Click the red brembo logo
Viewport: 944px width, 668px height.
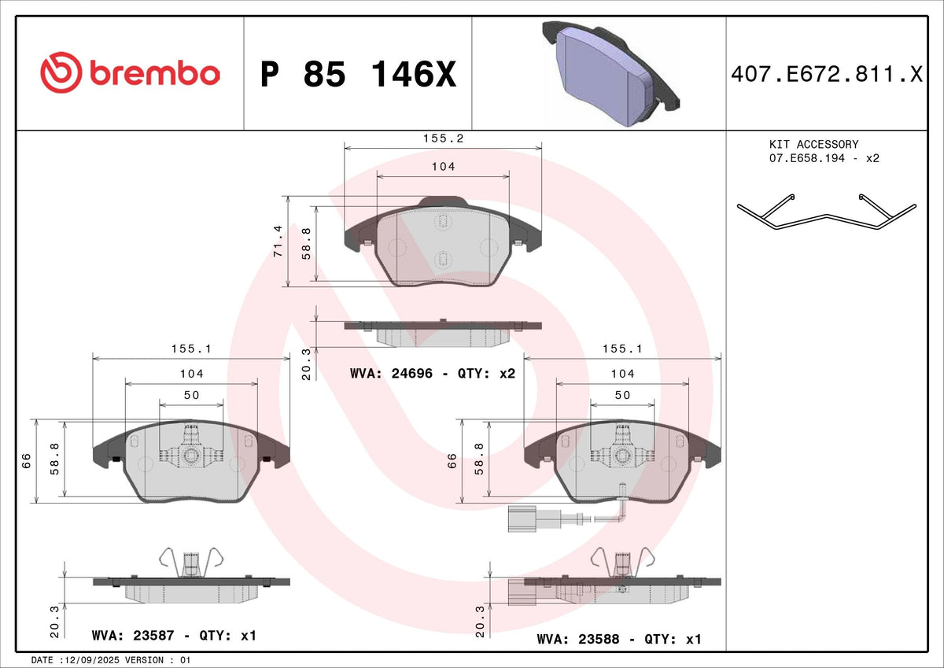(x=131, y=73)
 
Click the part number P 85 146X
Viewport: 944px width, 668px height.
(x=358, y=74)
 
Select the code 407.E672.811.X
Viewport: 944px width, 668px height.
(x=827, y=74)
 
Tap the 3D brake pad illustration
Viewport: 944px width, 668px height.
(x=610, y=73)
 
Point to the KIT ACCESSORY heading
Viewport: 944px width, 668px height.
(x=813, y=145)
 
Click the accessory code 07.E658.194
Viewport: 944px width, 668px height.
(x=807, y=158)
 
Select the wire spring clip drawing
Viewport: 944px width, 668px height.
(x=827, y=212)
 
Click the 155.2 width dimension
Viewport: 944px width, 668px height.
(x=444, y=138)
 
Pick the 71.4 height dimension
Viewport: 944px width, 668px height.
(x=278, y=242)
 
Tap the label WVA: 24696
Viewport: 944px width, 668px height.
(x=391, y=374)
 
